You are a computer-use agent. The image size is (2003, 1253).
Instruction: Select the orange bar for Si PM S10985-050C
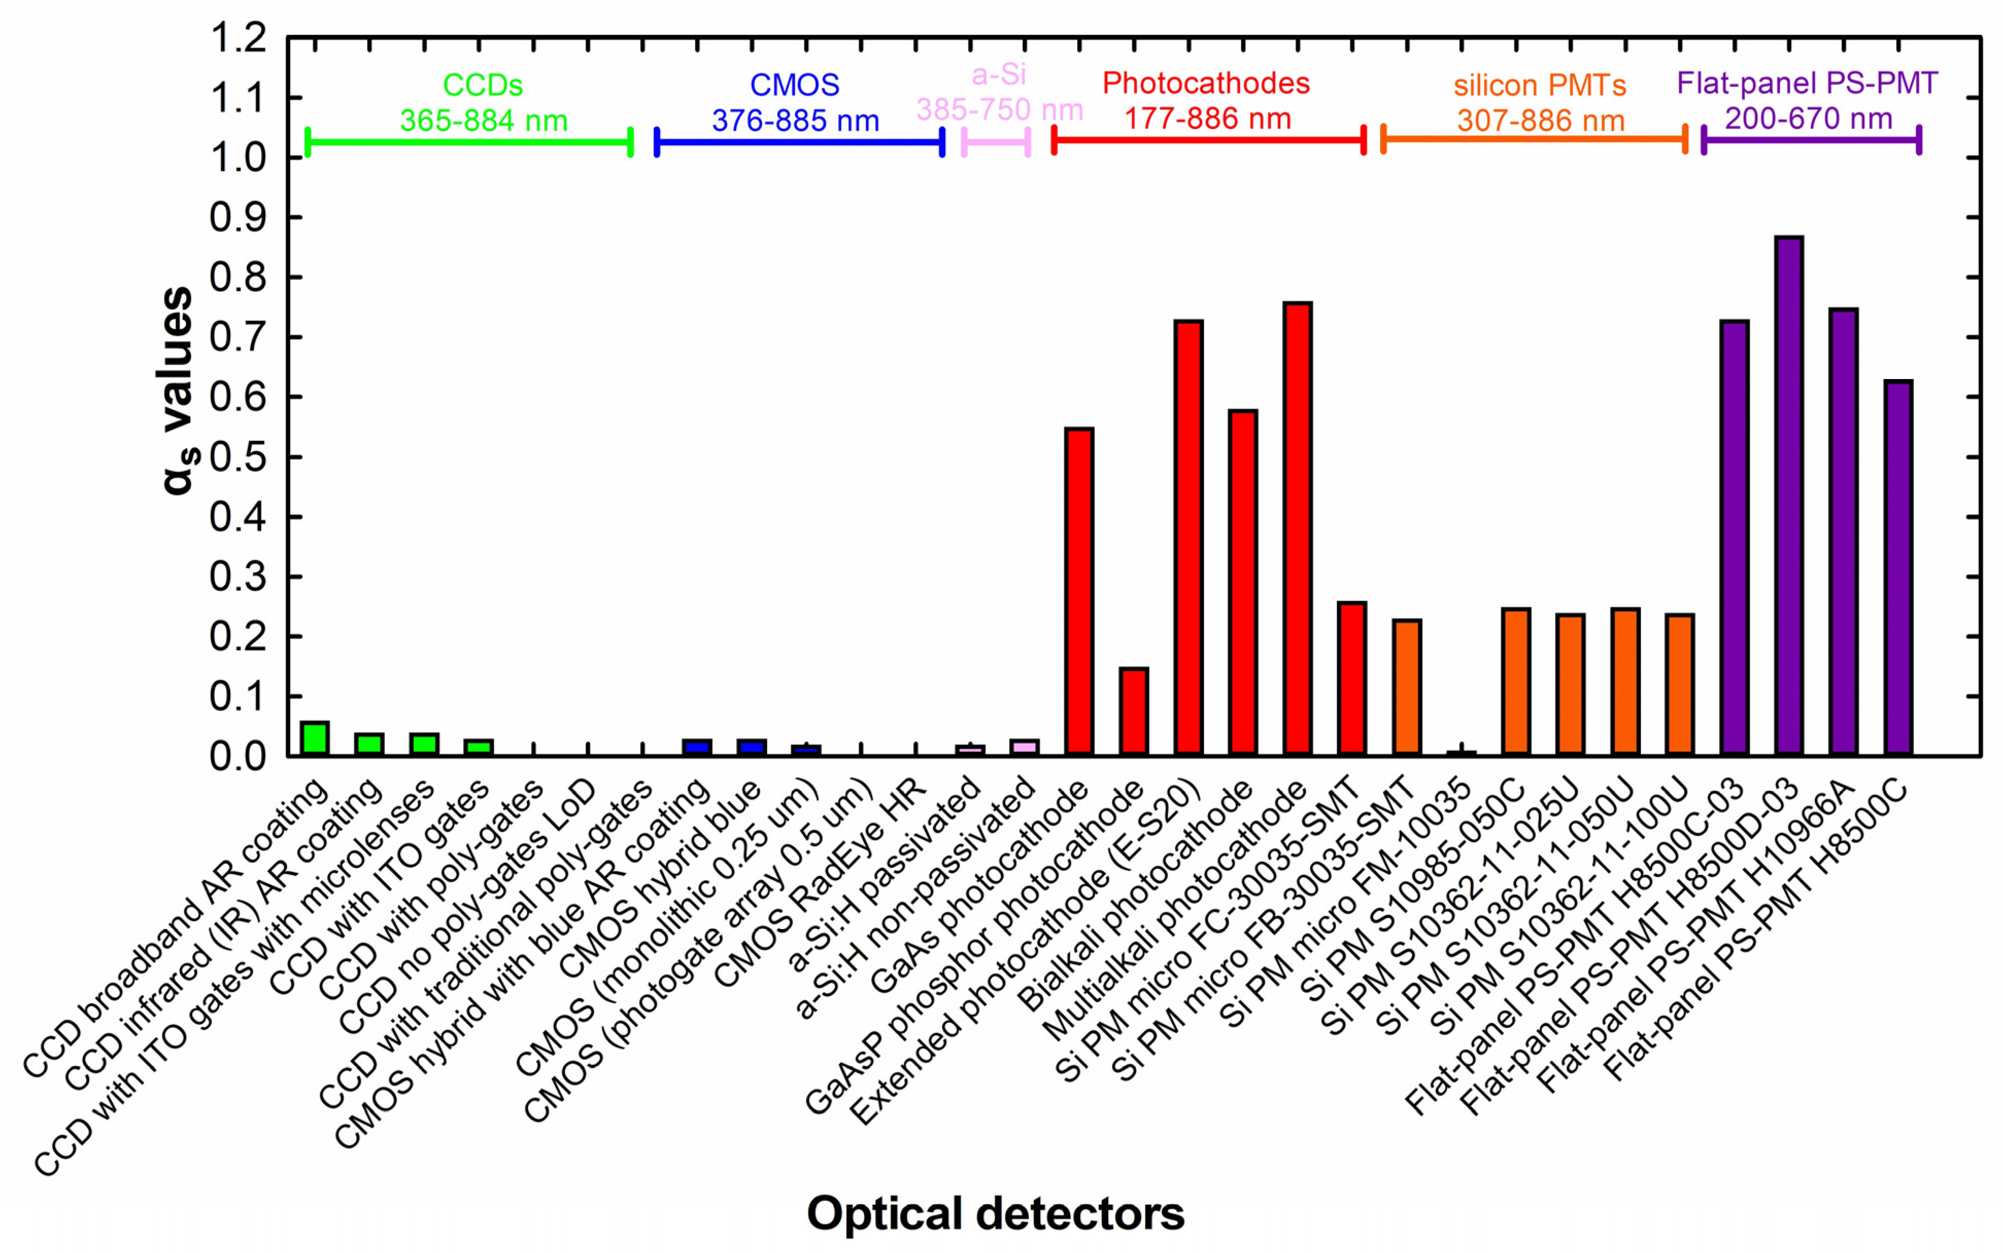tap(1516, 681)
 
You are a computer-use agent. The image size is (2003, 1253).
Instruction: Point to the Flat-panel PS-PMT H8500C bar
tap(1898, 568)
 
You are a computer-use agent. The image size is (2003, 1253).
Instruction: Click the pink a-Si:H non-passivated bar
tap(1024, 747)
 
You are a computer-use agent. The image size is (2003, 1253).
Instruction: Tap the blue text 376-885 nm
tap(795, 121)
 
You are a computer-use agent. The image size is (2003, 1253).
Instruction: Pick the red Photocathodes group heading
tap(1206, 83)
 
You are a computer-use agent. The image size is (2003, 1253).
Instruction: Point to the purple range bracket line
tap(1811, 140)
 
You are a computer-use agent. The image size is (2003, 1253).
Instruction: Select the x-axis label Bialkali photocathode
tap(1135, 895)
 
